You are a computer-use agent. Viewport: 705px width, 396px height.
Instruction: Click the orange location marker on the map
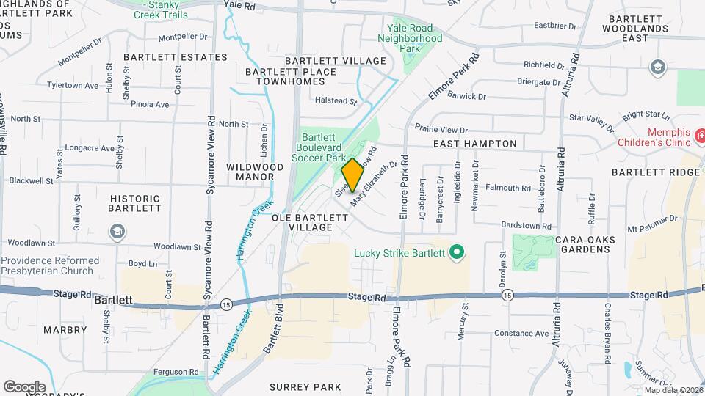tap(352, 175)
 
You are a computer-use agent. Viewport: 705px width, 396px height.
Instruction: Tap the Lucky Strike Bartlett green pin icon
tap(457, 254)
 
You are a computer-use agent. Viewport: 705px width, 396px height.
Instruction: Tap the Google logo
tap(24, 387)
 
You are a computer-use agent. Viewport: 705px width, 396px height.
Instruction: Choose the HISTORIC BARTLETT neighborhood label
tap(135, 203)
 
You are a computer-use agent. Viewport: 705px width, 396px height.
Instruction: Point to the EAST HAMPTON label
tap(474, 144)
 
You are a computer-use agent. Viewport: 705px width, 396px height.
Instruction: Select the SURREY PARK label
tap(305, 386)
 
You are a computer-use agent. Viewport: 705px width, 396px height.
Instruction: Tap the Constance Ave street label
tap(521, 333)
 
